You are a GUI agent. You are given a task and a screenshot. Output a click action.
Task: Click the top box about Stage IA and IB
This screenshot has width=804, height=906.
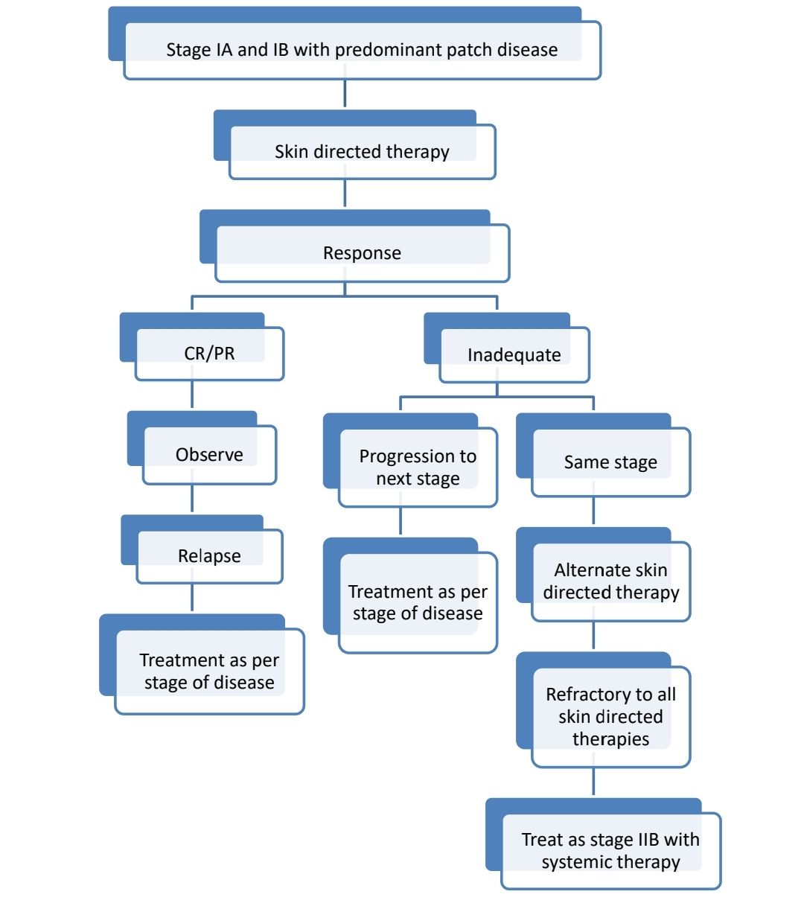coord(362,50)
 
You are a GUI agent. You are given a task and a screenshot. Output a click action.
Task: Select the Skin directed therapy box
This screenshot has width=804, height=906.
coord(362,152)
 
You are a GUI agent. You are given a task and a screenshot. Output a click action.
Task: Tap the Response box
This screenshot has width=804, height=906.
coord(362,253)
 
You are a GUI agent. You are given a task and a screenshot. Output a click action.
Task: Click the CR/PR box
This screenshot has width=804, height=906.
coord(209,354)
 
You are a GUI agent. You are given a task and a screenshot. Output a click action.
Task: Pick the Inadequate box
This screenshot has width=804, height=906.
coord(514,355)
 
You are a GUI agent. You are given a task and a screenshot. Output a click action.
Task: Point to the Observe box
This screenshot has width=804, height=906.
coord(209,455)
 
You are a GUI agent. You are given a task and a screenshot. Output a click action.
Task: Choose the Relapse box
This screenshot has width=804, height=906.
coord(209,556)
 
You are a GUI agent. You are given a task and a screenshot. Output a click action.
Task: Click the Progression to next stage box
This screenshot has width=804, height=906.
coord(417,468)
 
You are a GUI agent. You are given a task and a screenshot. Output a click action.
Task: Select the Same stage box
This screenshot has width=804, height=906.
coord(610,462)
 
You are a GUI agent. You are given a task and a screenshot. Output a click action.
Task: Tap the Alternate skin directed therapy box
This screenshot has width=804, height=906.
coord(610,581)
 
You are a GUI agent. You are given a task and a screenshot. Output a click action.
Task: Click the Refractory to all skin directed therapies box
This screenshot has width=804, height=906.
coord(610,716)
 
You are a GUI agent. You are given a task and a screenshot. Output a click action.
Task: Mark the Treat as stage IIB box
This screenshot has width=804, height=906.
coord(610,851)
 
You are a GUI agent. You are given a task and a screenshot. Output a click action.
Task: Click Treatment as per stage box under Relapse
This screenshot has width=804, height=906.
coord(209,671)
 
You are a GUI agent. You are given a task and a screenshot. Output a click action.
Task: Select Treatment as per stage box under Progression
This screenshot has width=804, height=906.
coord(417,602)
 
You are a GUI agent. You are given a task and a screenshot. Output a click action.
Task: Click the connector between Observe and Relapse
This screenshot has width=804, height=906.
coord(192,499)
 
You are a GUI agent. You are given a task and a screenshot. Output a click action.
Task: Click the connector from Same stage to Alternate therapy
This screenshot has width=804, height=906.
coord(593,511)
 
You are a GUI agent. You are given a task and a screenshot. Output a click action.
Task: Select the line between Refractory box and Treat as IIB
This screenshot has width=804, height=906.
coord(593,782)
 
